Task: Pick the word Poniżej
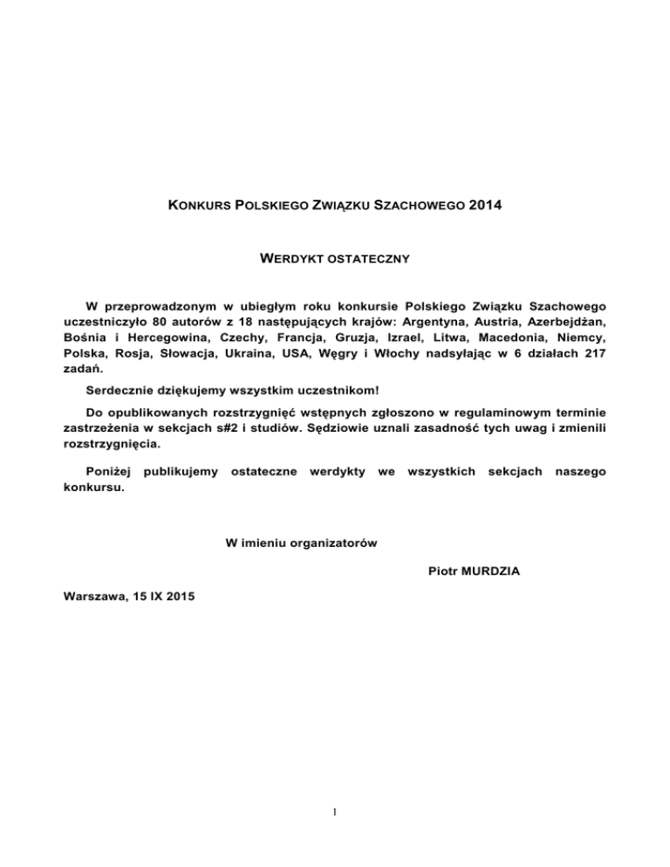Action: pos(109,472)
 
